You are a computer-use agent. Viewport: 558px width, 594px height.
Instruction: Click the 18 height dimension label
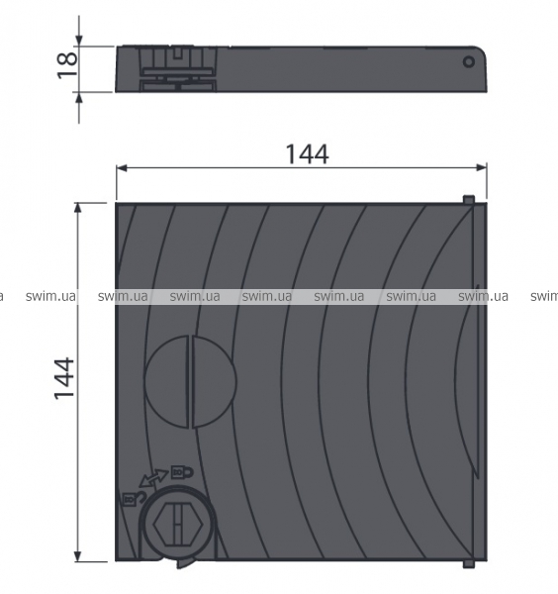pos(67,65)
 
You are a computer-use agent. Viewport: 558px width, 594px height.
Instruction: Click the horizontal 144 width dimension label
pos(307,154)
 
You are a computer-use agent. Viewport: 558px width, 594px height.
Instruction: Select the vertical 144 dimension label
pos(64,378)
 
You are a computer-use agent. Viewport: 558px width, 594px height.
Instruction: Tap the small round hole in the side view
pos(469,61)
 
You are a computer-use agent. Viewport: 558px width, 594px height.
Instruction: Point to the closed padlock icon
pos(182,472)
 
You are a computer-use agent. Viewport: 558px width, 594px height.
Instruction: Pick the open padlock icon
pos(134,499)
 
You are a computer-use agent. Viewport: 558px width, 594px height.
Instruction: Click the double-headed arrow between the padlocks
pos(153,478)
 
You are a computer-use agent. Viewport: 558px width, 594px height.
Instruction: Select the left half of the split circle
pos(166,382)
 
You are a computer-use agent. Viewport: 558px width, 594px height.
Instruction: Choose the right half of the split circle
pos(215,382)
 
